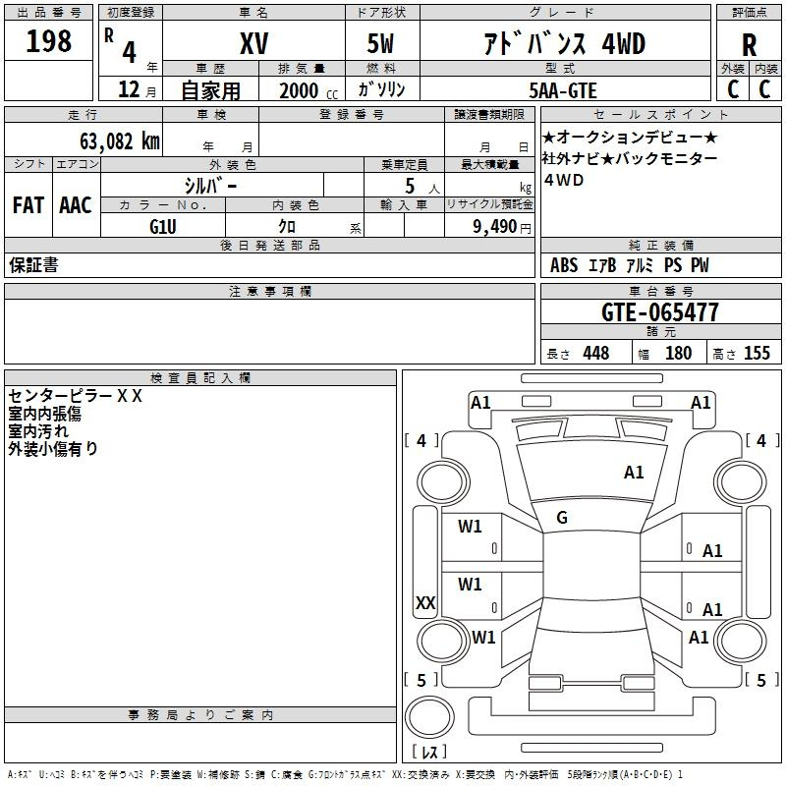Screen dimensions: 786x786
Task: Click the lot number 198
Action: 48,40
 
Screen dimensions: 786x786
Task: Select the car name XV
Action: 254,43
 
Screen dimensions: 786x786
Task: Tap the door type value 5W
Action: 380,43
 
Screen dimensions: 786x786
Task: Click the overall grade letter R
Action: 749,45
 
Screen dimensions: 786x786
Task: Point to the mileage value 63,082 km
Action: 120,141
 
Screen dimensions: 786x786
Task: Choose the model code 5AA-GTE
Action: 563,90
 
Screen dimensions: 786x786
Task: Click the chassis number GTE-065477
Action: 660,312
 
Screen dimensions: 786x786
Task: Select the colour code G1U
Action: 163,227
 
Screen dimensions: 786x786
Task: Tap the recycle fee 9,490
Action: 495,227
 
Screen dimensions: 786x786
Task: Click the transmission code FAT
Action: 28,205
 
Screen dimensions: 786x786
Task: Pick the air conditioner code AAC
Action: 76,205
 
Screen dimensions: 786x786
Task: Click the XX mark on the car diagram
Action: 425,602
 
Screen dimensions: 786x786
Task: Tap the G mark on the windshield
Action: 562,518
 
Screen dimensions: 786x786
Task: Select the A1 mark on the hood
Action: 634,473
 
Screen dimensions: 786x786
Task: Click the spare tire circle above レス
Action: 429,717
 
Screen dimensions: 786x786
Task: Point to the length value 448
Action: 596,353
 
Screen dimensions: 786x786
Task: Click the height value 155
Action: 757,353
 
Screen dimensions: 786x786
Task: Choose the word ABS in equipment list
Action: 564,265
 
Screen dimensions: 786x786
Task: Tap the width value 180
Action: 678,353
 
